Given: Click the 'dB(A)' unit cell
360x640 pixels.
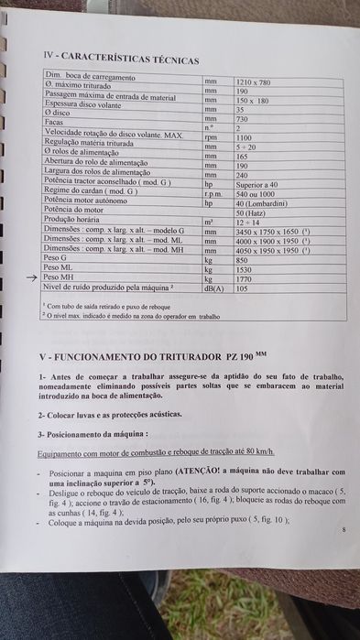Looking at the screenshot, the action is (215, 287).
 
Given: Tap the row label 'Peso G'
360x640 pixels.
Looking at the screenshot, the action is (54, 258).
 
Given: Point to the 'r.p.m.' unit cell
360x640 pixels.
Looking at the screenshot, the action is (214, 191).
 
